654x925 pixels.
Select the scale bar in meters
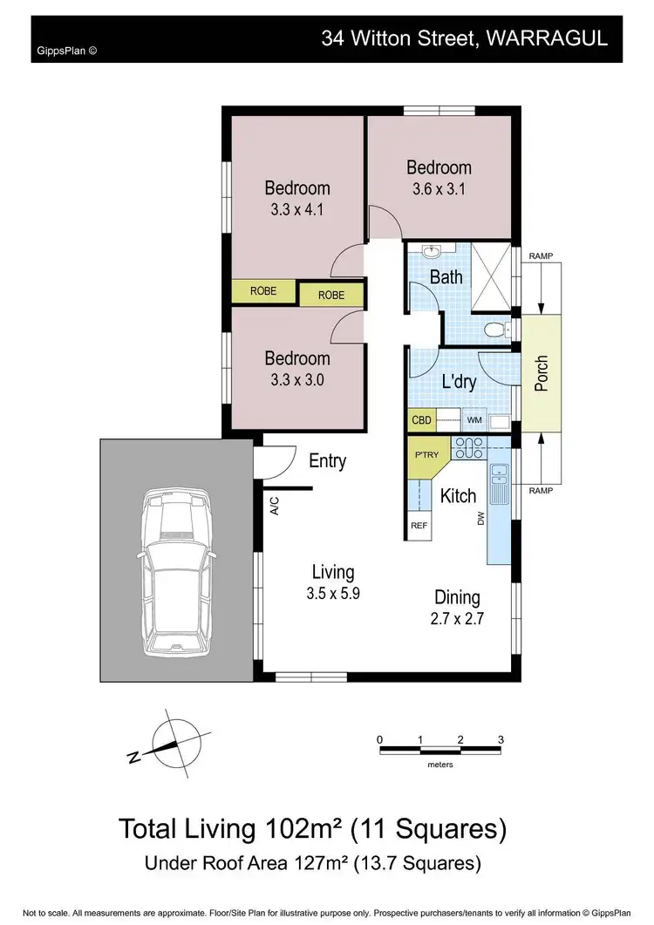click(x=440, y=748)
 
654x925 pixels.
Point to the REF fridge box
click(x=419, y=526)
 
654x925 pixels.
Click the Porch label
click(x=542, y=373)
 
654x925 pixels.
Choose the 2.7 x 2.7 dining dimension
click(x=458, y=619)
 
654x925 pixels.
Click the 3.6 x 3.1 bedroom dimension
click(x=439, y=189)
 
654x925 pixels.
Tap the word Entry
click(x=328, y=461)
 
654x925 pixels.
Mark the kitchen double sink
click(x=499, y=476)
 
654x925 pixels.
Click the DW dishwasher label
click(x=480, y=519)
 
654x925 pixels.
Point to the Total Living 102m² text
click(x=311, y=826)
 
